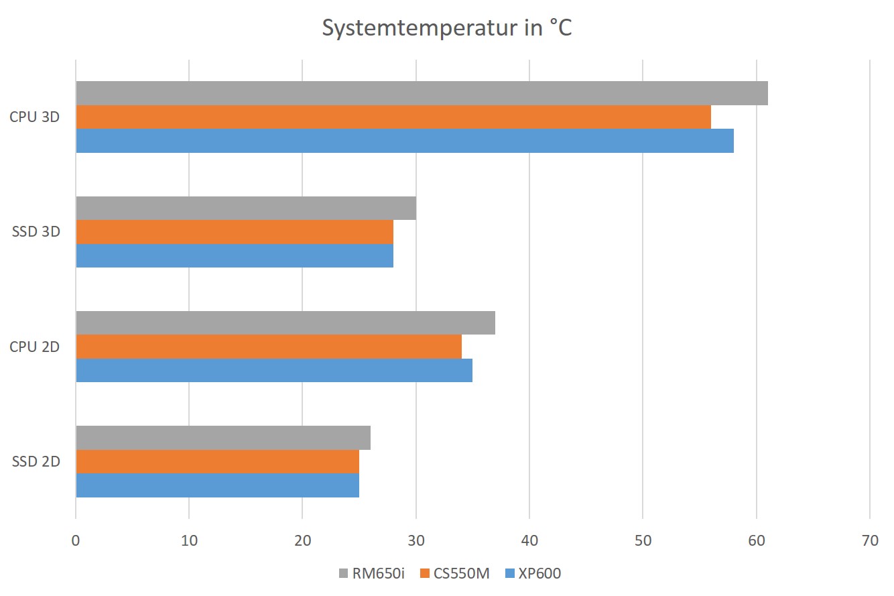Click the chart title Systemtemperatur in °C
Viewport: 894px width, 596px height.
[447, 29]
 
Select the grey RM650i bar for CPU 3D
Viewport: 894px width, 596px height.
[422, 93]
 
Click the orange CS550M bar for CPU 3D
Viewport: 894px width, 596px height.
[393, 117]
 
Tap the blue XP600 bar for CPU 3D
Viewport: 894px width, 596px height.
[405, 141]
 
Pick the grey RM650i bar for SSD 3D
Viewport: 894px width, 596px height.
[246, 208]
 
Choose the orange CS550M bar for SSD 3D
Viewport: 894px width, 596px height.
[235, 232]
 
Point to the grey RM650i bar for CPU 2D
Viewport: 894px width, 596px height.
[285, 322]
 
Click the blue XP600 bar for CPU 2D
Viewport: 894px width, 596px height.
[274, 370]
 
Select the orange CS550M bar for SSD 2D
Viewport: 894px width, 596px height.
[217, 461]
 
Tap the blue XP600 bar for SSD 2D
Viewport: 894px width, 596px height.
[217, 485]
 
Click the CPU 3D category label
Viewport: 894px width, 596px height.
[35, 117]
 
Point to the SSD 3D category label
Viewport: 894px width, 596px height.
[36, 232]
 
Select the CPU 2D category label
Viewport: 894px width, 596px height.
[35, 347]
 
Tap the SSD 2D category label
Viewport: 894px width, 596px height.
[36, 461]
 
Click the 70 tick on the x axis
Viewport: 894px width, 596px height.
[870, 540]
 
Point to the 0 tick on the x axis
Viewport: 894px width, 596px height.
[76, 540]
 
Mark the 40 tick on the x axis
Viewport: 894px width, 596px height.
[529, 540]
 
